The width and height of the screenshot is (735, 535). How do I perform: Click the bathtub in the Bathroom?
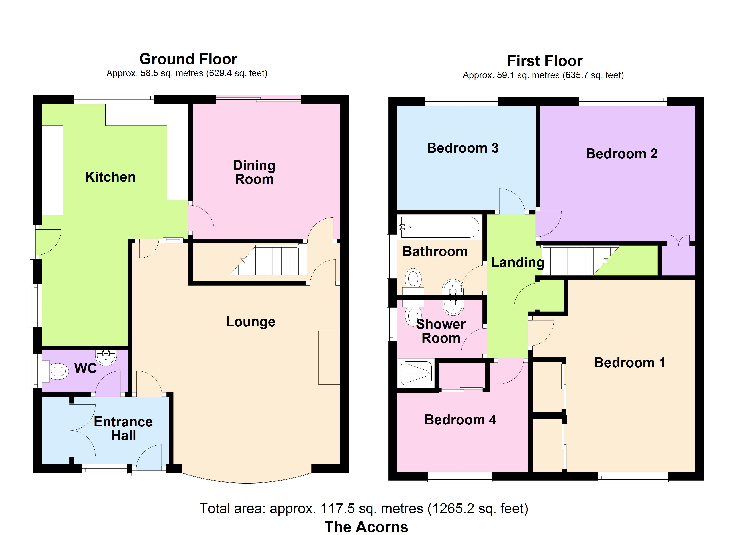pos(439,227)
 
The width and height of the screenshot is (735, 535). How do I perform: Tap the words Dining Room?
pos(254,172)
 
